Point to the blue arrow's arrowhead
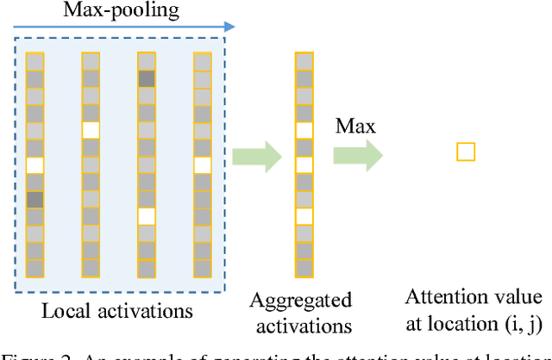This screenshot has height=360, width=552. pos(229,28)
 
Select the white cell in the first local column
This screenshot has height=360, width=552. pos(34,164)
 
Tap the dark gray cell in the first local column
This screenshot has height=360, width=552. pos(34,199)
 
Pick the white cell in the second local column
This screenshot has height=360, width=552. pos(91,130)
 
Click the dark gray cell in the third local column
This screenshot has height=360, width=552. pos(147,78)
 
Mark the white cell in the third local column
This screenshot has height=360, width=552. pos(147,216)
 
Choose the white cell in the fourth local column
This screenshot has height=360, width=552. pos(203,164)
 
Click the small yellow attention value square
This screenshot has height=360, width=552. pos(466,152)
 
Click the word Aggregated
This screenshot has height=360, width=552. pos(301,301)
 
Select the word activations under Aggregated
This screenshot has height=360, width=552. pos(301,326)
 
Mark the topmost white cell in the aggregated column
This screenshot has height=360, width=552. pos(304,130)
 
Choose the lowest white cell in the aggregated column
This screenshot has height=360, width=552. pos(304,216)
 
